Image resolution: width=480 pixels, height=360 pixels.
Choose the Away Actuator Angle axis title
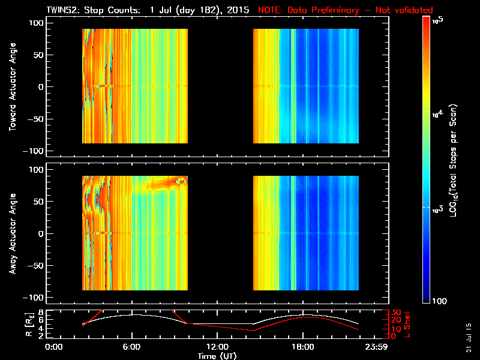[12, 234]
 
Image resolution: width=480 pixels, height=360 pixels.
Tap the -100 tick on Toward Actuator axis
[33, 150]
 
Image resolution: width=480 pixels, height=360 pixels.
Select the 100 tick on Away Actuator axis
[35, 170]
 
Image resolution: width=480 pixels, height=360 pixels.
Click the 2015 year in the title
[239, 10]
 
